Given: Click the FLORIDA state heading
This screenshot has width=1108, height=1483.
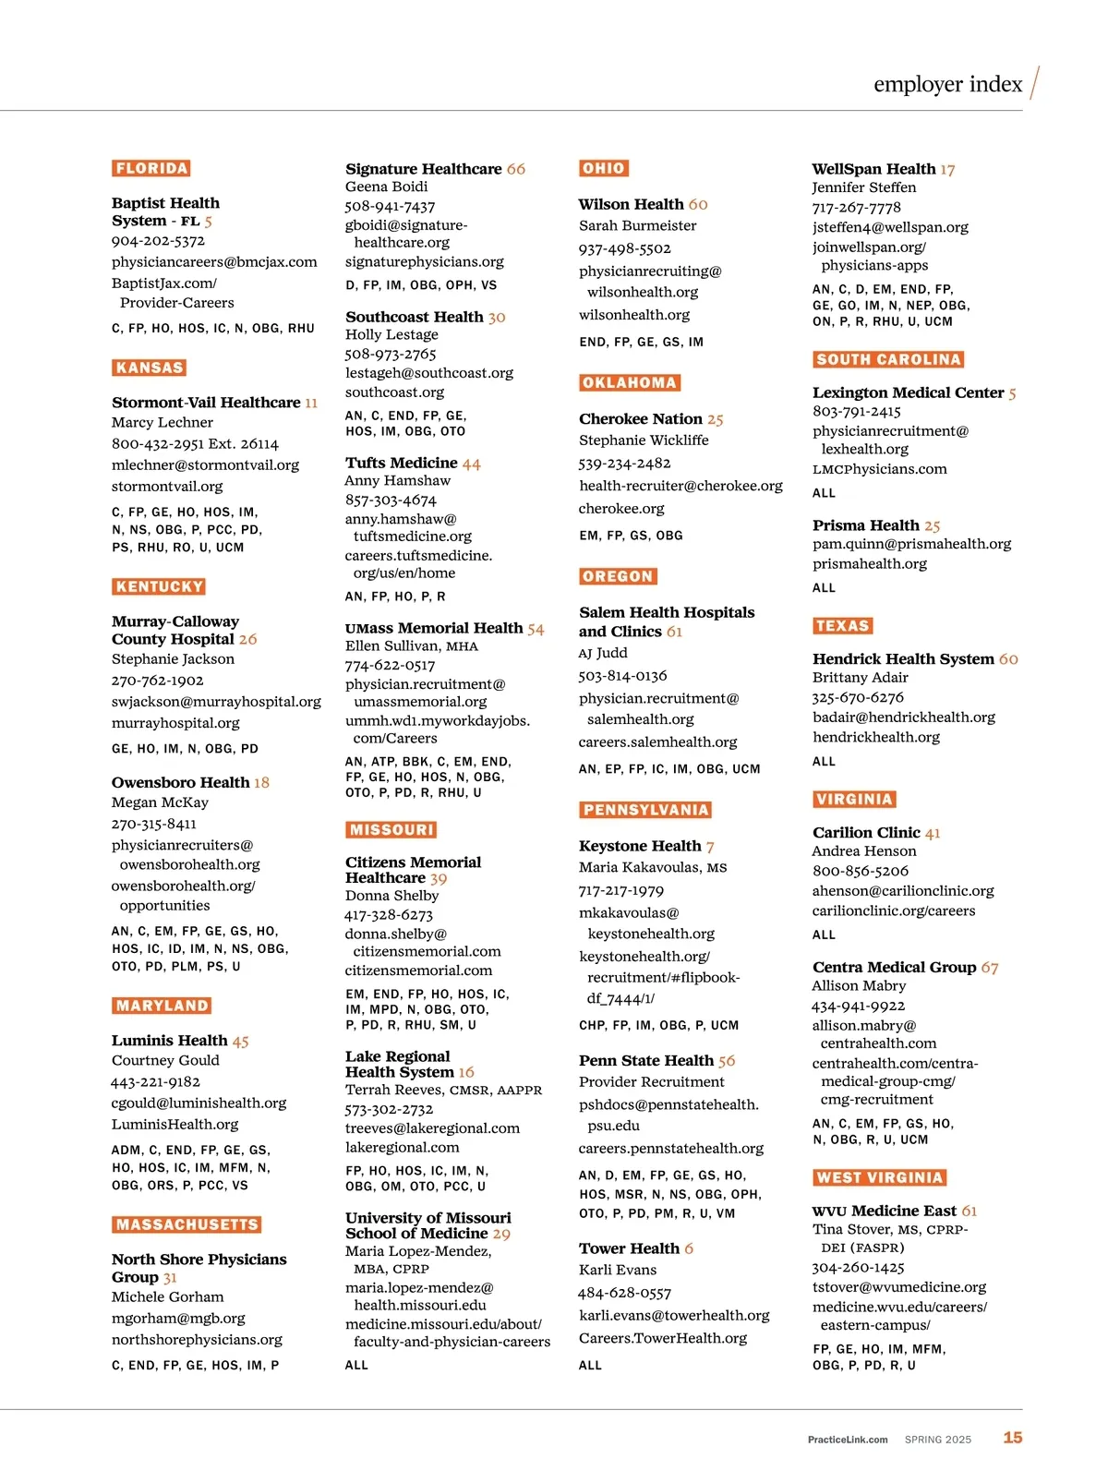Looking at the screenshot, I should [x=151, y=168].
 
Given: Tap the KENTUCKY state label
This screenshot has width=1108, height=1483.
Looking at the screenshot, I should [x=159, y=586].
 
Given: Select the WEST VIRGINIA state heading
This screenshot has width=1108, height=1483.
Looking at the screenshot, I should [x=880, y=1177].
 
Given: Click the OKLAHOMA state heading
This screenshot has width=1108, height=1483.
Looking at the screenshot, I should [x=630, y=382].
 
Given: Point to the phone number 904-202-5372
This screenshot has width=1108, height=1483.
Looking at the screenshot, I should [x=158, y=241].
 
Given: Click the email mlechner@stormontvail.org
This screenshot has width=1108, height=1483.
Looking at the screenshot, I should [x=205, y=464].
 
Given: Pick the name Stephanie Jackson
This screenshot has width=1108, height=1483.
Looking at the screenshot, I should [x=173, y=659].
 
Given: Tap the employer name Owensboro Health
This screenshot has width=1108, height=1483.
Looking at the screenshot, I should [x=180, y=782].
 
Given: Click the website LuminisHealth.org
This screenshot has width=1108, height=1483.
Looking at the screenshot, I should [x=175, y=1124].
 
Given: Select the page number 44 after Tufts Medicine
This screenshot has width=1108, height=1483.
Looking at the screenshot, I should [x=471, y=464].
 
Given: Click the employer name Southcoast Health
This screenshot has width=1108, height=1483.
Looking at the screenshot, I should [x=415, y=317].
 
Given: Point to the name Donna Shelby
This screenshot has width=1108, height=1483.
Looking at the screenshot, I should [x=391, y=896].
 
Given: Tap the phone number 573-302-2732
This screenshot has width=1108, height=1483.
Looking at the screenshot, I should [x=389, y=1109].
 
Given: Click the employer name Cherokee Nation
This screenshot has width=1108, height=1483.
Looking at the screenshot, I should [x=640, y=419].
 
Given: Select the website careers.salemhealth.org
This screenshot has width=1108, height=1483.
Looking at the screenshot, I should [x=657, y=741].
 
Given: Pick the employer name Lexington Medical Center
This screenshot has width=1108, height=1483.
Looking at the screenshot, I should [x=908, y=392].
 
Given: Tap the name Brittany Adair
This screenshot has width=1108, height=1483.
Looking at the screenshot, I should [x=861, y=678].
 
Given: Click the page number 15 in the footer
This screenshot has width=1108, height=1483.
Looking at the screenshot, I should [x=1013, y=1438].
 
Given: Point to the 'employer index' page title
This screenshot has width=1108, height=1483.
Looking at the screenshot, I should [x=947, y=84].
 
